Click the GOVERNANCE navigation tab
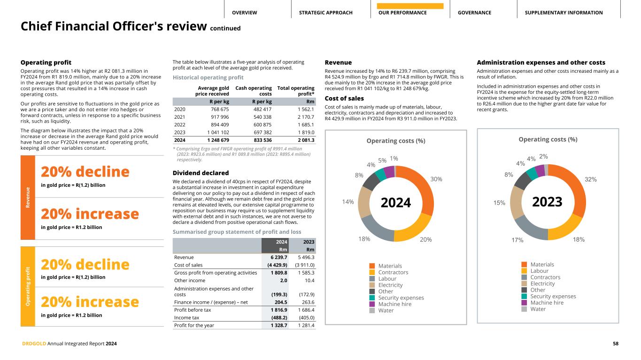474,13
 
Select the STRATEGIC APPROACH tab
325,13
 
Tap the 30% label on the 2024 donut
436,179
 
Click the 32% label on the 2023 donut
590,179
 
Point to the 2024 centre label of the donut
395,203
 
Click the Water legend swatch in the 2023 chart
525,309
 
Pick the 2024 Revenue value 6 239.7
278,257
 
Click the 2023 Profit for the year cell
305,325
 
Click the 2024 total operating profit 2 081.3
303,140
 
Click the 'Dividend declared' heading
201,173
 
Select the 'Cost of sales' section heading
344,98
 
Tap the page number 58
615,344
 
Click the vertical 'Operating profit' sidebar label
28,286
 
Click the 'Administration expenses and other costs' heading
541,62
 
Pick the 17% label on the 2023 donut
517,240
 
